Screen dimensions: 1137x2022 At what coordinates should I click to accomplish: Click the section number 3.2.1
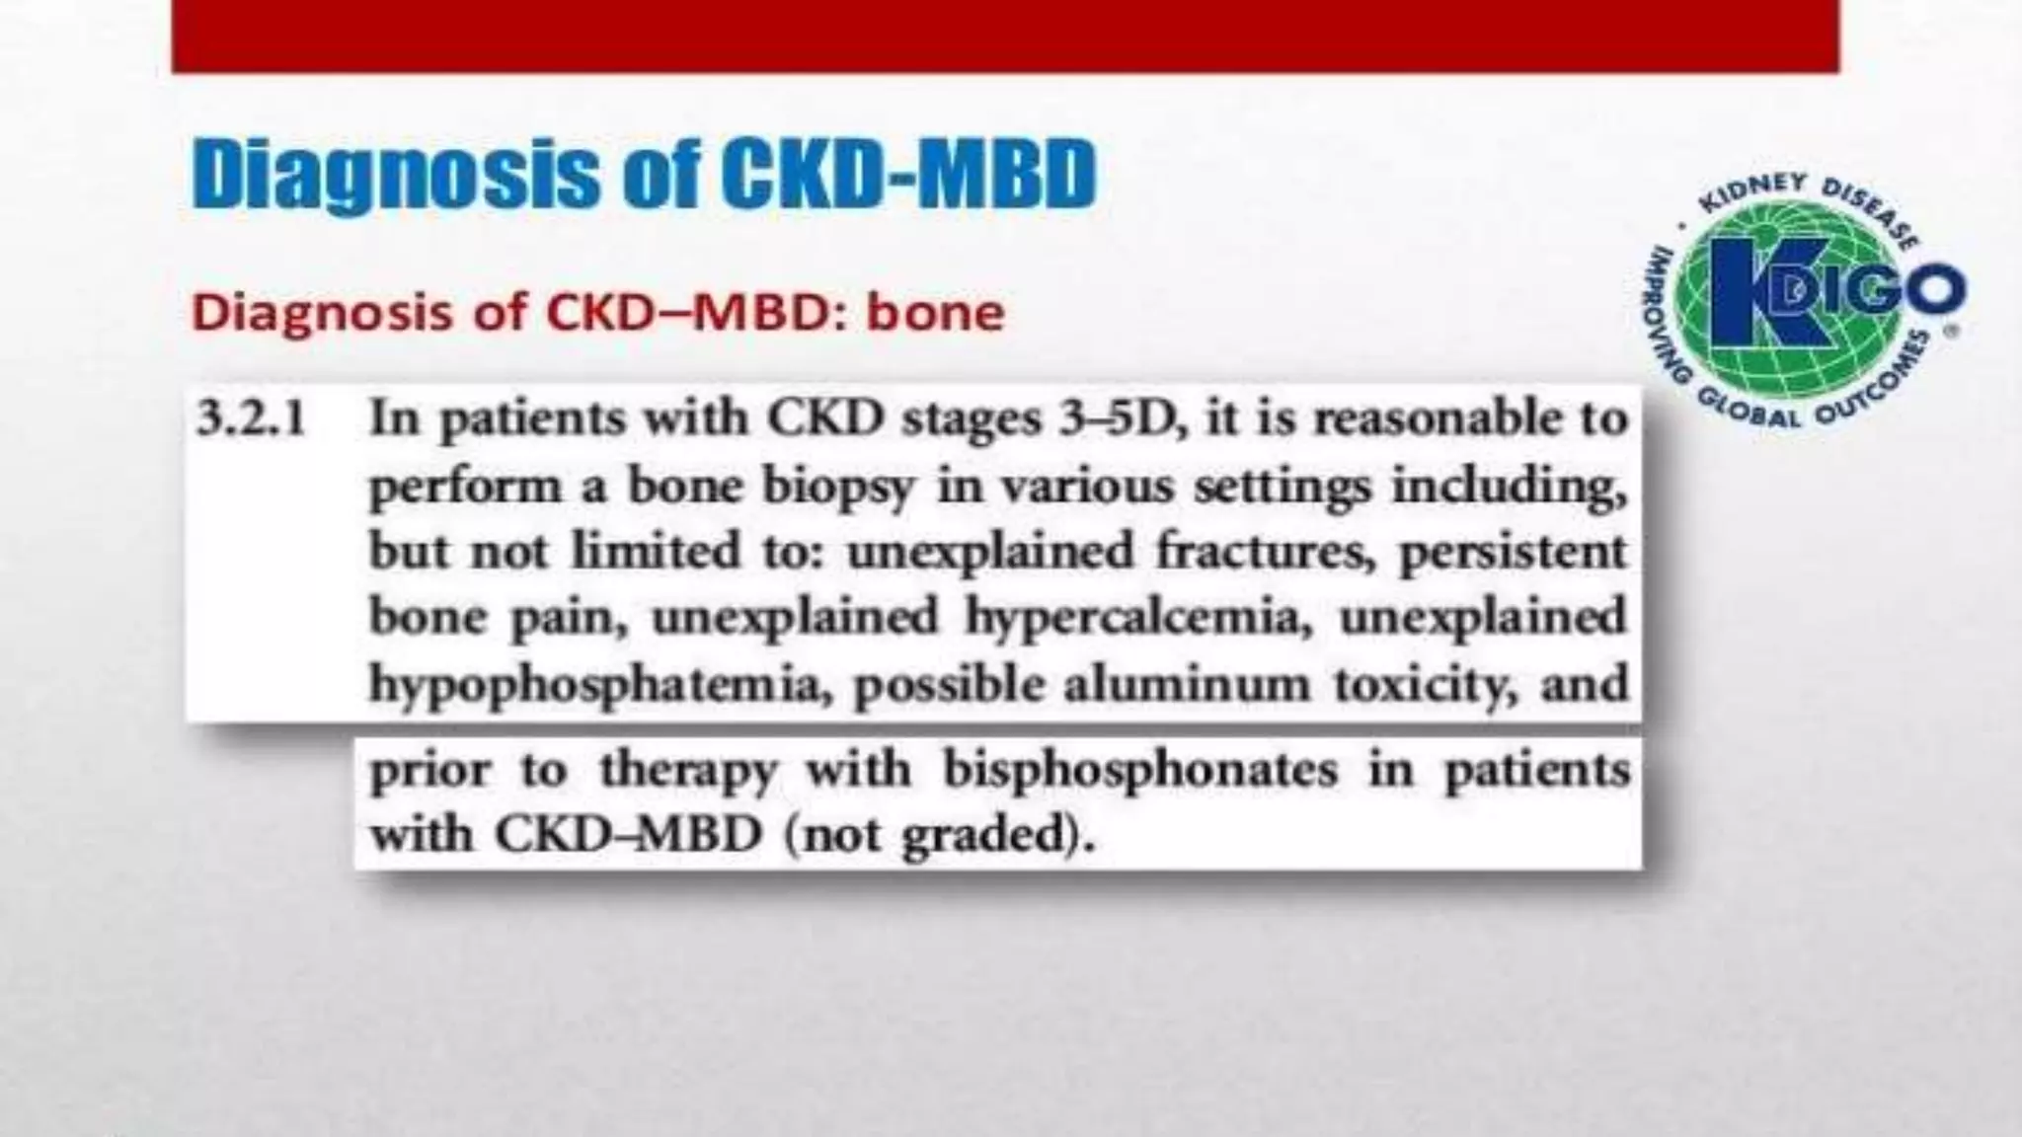tap(251, 420)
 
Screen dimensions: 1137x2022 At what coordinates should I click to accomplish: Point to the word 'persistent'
tap(1513, 552)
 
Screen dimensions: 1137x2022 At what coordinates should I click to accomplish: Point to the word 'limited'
tap(657, 552)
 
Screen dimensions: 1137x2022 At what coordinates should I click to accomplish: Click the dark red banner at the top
tap(1005, 37)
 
